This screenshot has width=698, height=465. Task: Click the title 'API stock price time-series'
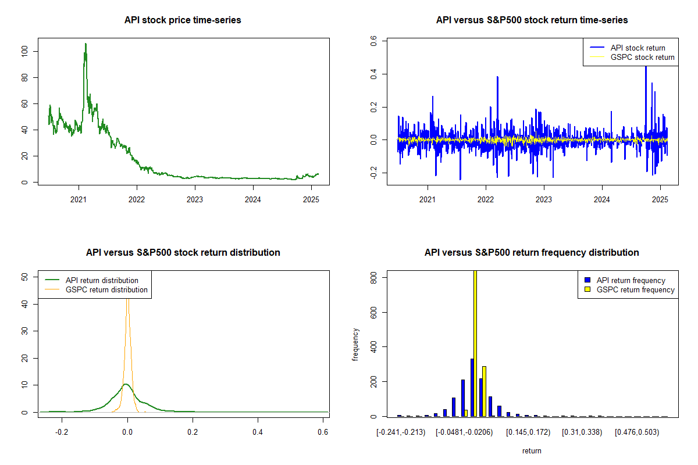(x=183, y=20)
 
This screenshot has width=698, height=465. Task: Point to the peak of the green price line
(x=86, y=44)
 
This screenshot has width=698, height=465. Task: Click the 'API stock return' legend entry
(x=638, y=48)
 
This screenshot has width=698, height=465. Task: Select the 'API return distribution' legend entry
(x=102, y=280)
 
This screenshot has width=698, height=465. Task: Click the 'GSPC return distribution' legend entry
(x=106, y=289)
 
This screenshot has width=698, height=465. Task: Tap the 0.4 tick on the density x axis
(x=258, y=432)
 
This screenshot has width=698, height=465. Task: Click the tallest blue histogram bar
(x=472, y=387)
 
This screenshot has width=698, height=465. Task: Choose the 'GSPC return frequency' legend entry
(x=635, y=289)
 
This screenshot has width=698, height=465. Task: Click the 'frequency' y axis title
(x=356, y=344)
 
